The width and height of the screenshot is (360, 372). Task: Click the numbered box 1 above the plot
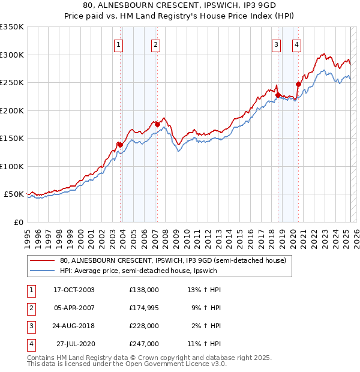(x=118, y=44)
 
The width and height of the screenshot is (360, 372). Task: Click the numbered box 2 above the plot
(x=155, y=44)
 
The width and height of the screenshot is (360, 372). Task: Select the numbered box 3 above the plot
(x=276, y=44)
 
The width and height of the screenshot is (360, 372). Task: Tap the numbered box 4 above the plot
(x=296, y=44)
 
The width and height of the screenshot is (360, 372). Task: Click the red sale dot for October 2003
(x=120, y=145)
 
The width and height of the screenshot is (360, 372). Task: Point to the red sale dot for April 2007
(x=157, y=124)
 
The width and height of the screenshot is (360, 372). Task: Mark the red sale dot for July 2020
(x=298, y=84)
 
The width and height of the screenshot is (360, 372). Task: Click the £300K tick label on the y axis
(x=11, y=55)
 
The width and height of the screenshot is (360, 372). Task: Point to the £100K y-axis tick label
(x=11, y=166)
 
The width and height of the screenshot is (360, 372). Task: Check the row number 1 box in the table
(x=29, y=289)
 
